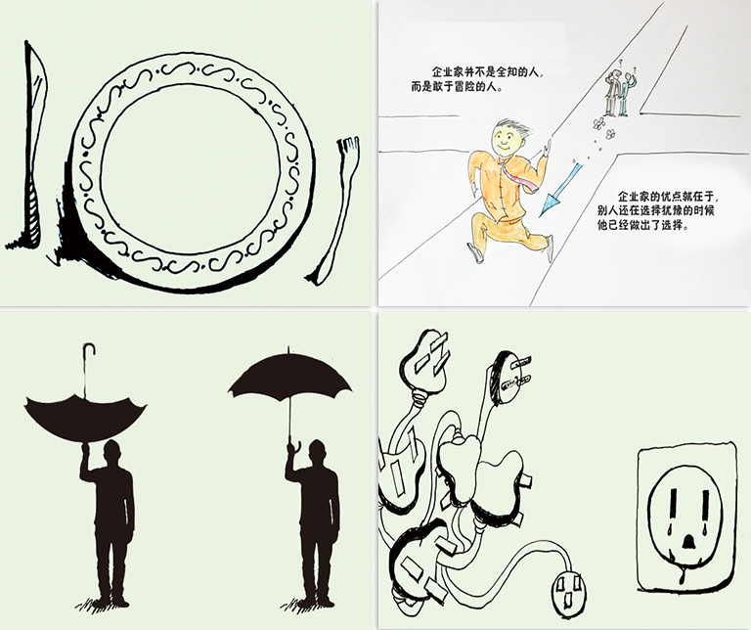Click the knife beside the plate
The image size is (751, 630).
[32, 144]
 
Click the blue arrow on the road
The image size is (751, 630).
[559, 190]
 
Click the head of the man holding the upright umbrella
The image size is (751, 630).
[317, 451]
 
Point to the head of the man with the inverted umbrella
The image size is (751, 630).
[113, 452]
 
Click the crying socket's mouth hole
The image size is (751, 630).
[688, 541]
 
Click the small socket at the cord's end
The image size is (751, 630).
[569, 593]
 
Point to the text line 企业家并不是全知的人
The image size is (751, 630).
[489, 72]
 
